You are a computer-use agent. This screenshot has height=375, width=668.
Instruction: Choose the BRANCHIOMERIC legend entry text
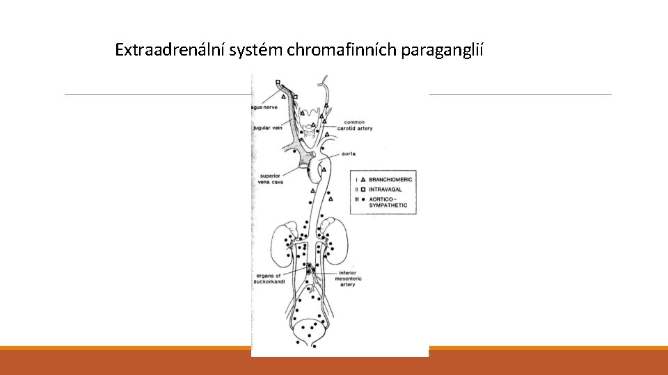point(390,179)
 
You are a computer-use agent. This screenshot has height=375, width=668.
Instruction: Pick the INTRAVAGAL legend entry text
point(386,188)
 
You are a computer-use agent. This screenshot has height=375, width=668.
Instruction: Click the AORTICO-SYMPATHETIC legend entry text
point(388,202)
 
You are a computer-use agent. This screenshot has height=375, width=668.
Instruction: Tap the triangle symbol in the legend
point(363,179)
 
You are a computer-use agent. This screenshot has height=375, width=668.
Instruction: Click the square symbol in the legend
point(363,188)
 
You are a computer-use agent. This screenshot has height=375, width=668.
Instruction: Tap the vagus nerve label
point(267,107)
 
